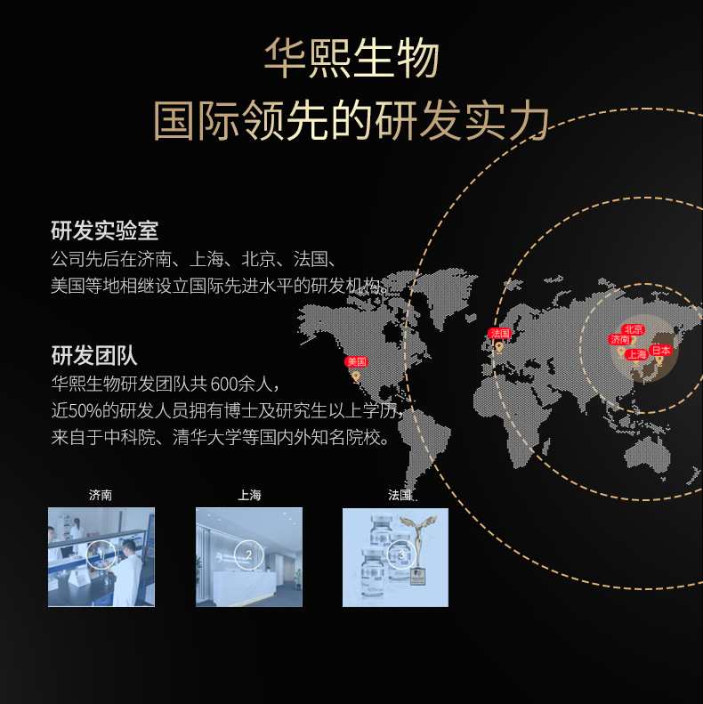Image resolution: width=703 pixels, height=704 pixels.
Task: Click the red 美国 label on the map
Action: click(x=356, y=361)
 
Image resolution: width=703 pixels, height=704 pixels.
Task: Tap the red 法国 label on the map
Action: click(x=499, y=333)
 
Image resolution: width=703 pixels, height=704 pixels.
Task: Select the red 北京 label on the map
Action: click(x=633, y=329)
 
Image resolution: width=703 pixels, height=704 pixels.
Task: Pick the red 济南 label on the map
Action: click(x=619, y=340)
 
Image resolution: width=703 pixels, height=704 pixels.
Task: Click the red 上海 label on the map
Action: click(x=636, y=354)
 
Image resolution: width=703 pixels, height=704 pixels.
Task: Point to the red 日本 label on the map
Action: click(x=661, y=351)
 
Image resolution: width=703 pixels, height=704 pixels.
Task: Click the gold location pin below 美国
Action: click(x=356, y=376)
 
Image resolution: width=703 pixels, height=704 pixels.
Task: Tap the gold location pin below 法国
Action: click(x=499, y=346)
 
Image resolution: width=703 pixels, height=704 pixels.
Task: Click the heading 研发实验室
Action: click(x=104, y=231)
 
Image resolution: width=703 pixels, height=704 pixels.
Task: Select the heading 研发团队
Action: click(x=93, y=357)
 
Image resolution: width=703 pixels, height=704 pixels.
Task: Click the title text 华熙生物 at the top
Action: click(x=351, y=60)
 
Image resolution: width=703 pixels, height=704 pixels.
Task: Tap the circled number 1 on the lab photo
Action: click(x=101, y=556)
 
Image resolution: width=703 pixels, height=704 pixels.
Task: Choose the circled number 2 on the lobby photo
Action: click(x=248, y=556)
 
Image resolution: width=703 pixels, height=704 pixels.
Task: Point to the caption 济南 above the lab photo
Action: click(x=101, y=495)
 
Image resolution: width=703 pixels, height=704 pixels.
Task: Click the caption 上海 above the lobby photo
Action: click(x=249, y=495)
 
